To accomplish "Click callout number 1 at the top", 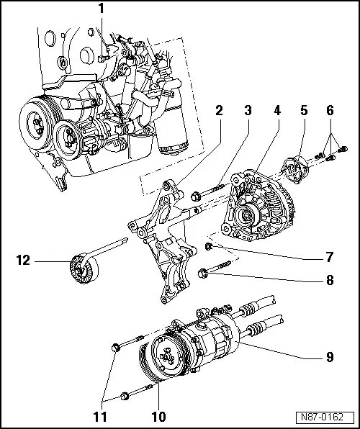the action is coord(102,9).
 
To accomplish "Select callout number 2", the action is coord(219,111).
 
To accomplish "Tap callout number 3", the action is coord(248,111).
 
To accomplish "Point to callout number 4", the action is coord(277,111).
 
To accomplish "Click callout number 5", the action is coord(304,111).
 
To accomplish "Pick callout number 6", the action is coord(330,111).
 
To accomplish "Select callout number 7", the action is coord(330,257).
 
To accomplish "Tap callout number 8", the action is coord(330,280).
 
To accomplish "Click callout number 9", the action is coord(330,357).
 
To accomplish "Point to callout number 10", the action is coord(158,417).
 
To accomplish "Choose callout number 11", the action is coord(101,417).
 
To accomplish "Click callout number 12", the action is coord(23,260).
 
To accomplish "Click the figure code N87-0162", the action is coord(322,417).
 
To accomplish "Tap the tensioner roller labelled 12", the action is coord(84,269).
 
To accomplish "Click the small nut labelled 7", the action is coord(209,246).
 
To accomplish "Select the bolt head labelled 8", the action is coord(202,273).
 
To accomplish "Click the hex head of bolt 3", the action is coord(195,197).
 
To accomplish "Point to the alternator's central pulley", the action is coord(246,217).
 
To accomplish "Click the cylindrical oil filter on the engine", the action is coord(171,117).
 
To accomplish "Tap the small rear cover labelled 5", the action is coord(295,170).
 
